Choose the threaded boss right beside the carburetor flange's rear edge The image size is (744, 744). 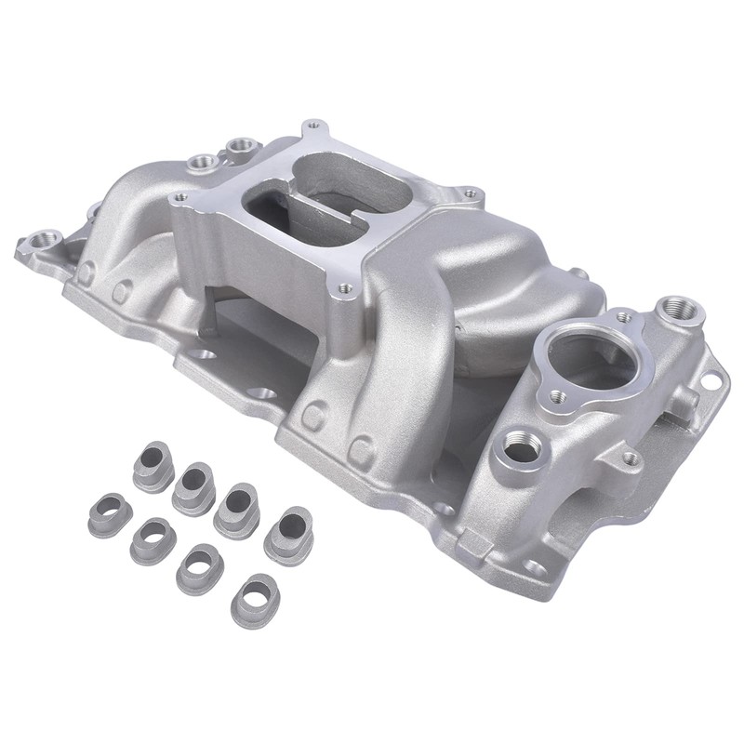[244, 145]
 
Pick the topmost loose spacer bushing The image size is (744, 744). [153, 462]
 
